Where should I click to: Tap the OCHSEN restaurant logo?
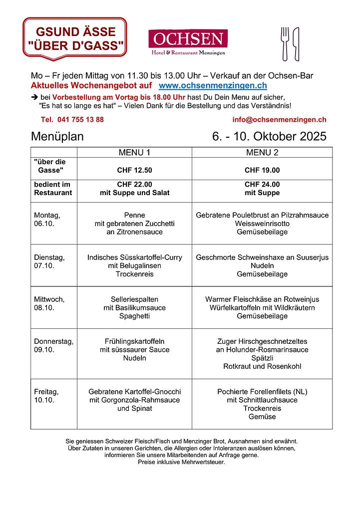[x=188, y=42]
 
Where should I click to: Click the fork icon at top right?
[x=285, y=43]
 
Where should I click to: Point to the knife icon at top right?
[x=296, y=43]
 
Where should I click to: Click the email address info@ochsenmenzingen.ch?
[x=279, y=119]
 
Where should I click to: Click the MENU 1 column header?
[x=134, y=152]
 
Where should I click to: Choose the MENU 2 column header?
[x=262, y=152]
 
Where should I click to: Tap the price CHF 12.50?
[x=134, y=170]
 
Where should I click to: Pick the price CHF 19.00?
[x=262, y=170]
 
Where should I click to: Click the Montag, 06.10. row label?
[x=47, y=220]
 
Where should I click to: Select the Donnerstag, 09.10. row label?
[x=53, y=345]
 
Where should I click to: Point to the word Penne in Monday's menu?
[x=134, y=215]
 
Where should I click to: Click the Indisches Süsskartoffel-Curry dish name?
[x=134, y=257]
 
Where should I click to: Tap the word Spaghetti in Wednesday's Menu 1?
[x=134, y=316]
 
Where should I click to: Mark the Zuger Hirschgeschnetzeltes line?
[x=262, y=341]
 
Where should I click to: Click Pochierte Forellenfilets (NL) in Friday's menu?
[x=262, y=392]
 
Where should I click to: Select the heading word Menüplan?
[x=57, y=137]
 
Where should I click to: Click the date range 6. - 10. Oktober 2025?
[x=269, y=137]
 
